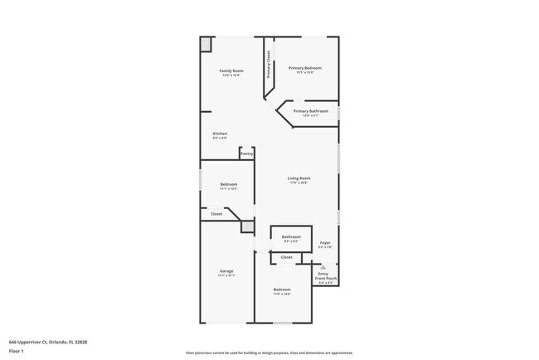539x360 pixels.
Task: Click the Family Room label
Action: [x=231, y=71]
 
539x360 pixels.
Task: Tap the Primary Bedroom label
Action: [x=304, y=68]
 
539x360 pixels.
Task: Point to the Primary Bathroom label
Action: [x=311, y=111]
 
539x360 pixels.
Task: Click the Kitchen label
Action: [x=220, y=134]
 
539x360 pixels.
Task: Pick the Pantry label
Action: [x=246, y=153]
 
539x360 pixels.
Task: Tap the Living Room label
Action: [x=299, y=178]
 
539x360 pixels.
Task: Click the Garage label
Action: [x=226, y=271]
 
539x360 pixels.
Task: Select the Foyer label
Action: [x=326, y=243]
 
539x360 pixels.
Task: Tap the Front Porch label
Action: [x=325, y=278]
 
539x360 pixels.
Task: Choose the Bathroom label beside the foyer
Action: [x=290, y=237]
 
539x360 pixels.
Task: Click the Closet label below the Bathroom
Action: [x=286, y=257]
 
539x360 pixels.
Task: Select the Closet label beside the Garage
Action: [x=216, y=214]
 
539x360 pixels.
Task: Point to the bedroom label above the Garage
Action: [x=229, y=184]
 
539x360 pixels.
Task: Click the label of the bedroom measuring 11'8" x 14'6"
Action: [x=282, y=289]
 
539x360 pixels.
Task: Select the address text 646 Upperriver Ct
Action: [x=48, y=341]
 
